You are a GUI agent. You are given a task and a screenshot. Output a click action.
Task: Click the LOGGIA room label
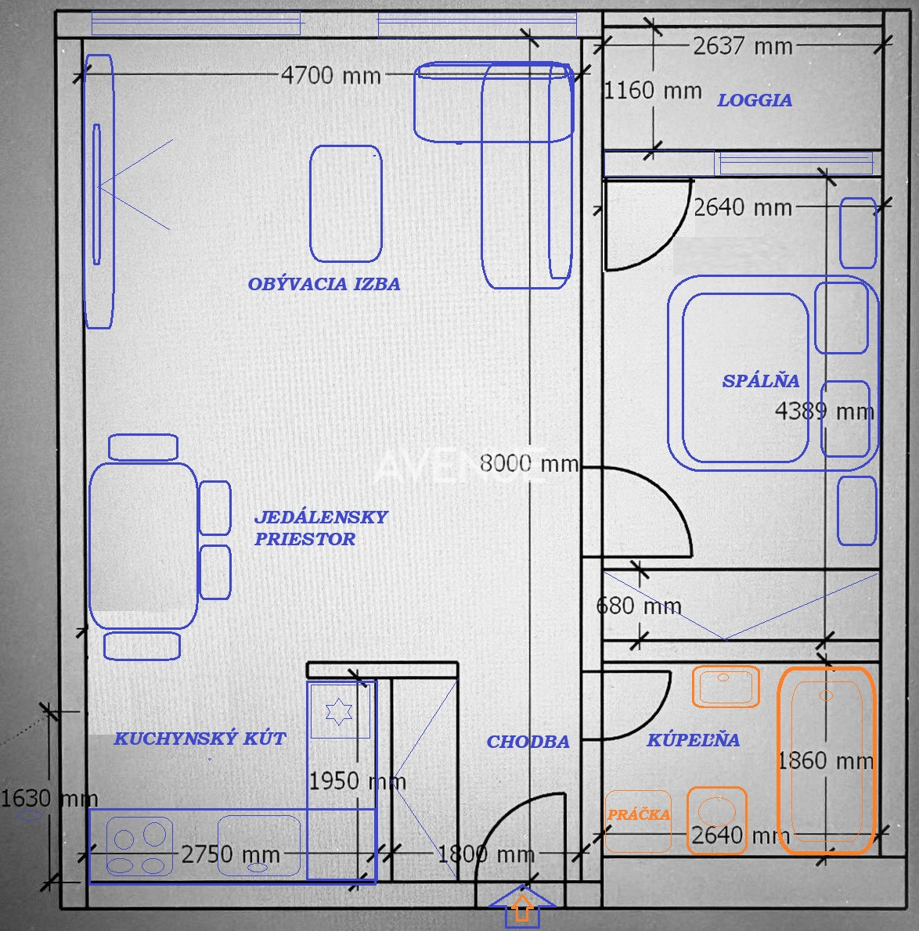coord(755,100)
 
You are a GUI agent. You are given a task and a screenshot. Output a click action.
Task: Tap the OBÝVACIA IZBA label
coord(324,284)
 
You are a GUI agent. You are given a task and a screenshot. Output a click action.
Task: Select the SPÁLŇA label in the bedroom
coord(760,380)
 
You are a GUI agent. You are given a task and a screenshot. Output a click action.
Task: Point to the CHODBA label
coord(528,741)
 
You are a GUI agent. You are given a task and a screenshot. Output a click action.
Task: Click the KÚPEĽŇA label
coord(694,739)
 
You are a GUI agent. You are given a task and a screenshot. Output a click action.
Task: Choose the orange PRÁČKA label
coord(639,814)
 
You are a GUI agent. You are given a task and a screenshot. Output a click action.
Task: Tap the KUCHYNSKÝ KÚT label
coord(200,738)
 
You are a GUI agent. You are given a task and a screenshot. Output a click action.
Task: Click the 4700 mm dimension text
coord(331,75)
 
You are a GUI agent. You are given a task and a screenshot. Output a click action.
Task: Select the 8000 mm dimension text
coord(528,463)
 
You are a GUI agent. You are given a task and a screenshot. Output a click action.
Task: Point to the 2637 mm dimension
coord(743,45)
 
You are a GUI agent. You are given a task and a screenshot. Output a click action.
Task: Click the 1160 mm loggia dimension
coord(652,90)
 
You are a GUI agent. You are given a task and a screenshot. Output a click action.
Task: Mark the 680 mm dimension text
coord(639,606)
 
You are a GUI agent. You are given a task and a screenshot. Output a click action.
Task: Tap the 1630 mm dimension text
coord(49,798)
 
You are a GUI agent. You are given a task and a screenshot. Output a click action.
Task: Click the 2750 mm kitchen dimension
coord(230,854)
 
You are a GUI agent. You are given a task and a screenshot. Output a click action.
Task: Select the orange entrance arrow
coord(522,908)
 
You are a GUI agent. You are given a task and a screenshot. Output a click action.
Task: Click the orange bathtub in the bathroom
coord(827,760)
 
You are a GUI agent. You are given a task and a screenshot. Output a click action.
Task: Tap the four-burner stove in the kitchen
coord(139,847)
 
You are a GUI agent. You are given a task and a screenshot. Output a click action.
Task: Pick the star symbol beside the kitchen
coord(339,711)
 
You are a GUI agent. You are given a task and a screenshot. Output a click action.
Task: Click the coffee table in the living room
coord(346,203)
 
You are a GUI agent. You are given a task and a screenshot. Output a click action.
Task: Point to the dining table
coord(143,545)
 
